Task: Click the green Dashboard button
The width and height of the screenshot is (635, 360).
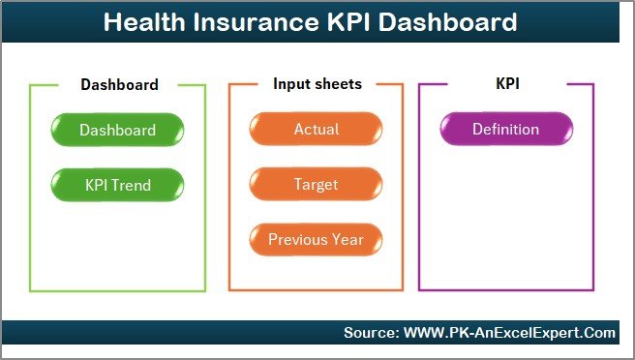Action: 117,130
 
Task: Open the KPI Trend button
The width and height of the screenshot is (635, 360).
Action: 117,184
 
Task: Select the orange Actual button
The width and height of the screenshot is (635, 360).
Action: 316,130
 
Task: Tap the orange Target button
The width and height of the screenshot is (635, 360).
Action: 316,184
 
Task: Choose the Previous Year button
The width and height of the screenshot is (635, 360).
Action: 316,239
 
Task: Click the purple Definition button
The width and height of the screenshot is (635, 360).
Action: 505,130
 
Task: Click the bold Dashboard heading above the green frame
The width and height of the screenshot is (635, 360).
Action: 119,84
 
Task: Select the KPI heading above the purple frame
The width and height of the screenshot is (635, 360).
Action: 507,84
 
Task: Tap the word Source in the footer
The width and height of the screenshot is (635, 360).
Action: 370,333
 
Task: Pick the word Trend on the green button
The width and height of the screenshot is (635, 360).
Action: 131,184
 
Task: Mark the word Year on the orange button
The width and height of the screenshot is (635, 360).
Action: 348,239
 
